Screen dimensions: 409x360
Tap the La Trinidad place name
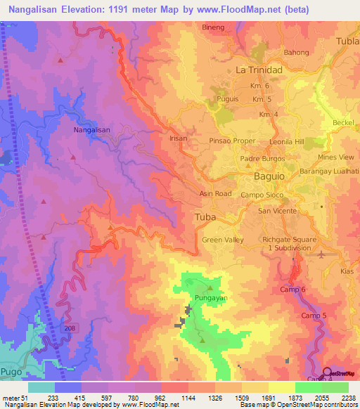[259, 70]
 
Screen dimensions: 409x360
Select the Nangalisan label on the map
[92, 130]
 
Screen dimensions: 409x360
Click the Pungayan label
[210, 297]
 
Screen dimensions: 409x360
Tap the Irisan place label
[179, 138]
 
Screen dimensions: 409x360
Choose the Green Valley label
[223, 240]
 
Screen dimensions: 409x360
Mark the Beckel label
[343, 122]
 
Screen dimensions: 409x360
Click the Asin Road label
[214, 193]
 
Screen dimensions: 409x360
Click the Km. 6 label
[261, 86]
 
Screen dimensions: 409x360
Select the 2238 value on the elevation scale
[348, 397]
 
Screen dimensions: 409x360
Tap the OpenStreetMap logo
[341, 373]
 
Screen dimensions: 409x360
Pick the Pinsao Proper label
[232, 141]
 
